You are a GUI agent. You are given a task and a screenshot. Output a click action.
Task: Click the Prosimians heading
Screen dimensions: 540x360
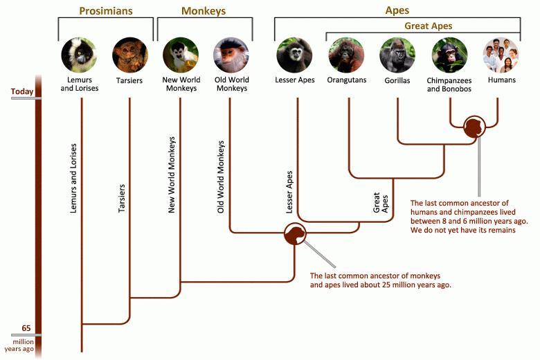click(x=106, y=10)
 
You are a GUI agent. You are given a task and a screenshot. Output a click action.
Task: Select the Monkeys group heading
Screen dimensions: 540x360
click(x=203, y=11)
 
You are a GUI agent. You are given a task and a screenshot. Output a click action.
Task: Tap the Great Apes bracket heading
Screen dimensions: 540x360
click(x=428, y=26)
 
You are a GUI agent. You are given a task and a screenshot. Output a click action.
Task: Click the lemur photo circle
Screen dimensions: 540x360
click(x=79, y=55)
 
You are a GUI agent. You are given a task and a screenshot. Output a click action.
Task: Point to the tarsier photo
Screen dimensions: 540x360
click(x=130, y=55)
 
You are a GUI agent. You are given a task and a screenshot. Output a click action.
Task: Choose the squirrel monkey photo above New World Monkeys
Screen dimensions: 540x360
click(x=181, y=55)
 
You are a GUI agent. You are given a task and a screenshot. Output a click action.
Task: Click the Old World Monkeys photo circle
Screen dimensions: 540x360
click(x=231, y=55)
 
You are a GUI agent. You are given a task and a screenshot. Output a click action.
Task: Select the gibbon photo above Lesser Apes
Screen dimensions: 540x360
click(x=294, y=55)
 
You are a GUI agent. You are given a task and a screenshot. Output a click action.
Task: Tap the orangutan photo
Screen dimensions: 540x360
click(x=346, y=55)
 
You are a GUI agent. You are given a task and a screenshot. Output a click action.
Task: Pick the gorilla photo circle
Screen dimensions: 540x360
click(x=397, y=55)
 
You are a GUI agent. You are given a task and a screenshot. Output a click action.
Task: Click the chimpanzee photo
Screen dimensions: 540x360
click(x=449, y=55)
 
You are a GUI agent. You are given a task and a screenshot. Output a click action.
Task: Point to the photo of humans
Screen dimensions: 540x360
click(x=501, y=55)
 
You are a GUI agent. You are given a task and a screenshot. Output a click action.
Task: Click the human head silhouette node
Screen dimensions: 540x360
click(x=474, y=127)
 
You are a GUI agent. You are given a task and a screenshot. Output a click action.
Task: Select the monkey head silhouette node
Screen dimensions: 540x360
click(x=295, y=234)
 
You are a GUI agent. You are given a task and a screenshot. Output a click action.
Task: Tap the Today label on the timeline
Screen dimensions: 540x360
click(x=22, y=91)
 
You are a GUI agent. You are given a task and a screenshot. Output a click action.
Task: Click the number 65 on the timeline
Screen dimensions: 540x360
click(x=26, y=328)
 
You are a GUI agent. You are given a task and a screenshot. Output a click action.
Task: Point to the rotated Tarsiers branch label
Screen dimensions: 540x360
click(x=122, y=198)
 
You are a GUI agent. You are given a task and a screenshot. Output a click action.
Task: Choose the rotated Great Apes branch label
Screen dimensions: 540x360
click(x=381, y=203)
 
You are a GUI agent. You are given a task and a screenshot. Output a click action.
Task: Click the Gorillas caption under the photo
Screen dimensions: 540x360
click(x=397, y=80)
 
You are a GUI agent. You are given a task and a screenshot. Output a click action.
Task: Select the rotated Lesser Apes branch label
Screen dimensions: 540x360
click(x=289, y=192)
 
